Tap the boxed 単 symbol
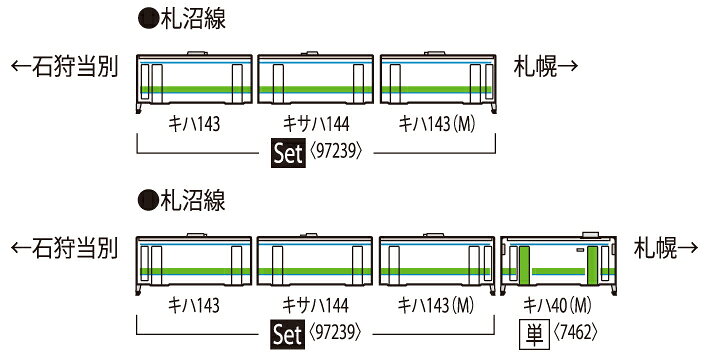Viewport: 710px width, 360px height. (x=532, y=331)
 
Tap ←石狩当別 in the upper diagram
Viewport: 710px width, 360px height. (x=64, y=67)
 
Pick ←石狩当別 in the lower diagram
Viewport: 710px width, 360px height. (x=64, y=247)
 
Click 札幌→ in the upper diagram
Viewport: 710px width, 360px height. (x=546, y=67)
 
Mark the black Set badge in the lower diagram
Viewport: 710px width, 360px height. (x=287, y=331)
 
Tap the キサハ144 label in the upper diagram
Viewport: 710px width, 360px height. (x=315, y=125)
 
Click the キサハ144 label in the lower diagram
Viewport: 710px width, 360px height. (x=315, y=304)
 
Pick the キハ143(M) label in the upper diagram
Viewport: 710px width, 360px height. (x=436, y=125)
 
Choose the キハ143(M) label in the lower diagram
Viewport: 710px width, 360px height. (x=436, y=304)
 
